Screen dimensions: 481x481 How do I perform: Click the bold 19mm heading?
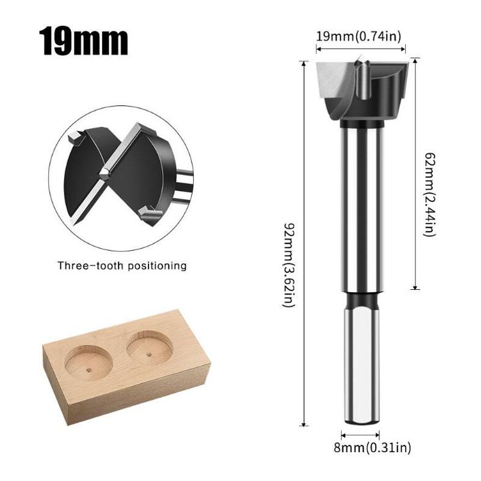tap(84, 41)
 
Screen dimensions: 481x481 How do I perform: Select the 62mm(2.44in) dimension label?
tap(427, 194)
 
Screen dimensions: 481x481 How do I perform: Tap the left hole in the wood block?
tap(88, 363)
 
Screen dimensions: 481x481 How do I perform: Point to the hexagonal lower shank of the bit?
tap(361, 367)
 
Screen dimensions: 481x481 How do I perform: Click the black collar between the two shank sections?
tap(361, 299)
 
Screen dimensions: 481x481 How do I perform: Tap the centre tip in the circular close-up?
tap(105, 173)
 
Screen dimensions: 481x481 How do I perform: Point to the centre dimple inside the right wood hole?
tap(149, 354)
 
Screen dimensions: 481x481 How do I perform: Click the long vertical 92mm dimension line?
tap(305, 240)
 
